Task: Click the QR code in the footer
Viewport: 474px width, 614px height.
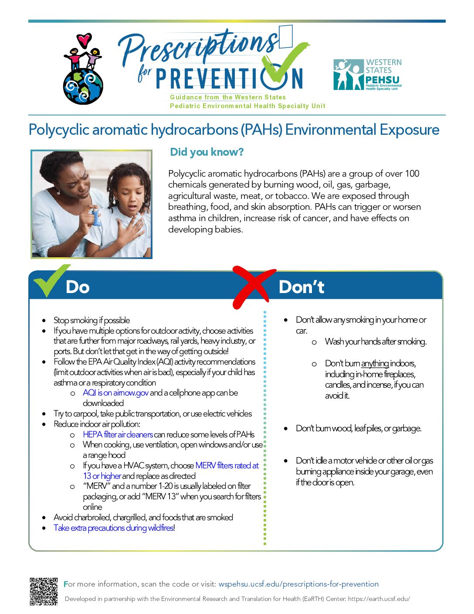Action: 44,591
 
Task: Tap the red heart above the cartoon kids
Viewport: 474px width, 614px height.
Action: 84,40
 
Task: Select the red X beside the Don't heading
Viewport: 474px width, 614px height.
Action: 254,287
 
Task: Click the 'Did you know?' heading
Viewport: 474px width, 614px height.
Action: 207,152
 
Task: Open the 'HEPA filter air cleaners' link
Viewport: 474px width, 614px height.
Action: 118,434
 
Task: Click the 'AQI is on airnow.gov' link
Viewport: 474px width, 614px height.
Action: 115,393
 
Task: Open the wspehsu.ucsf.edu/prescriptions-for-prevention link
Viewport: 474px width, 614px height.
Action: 298,584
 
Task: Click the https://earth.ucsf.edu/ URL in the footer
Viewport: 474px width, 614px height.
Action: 379,599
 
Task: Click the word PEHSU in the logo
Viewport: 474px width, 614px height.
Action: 383,80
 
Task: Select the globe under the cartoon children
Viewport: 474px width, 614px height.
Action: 83,86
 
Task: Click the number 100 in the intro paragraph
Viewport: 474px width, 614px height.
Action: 412,174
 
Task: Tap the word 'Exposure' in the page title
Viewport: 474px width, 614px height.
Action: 409,130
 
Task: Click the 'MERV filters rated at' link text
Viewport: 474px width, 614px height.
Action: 227,465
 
